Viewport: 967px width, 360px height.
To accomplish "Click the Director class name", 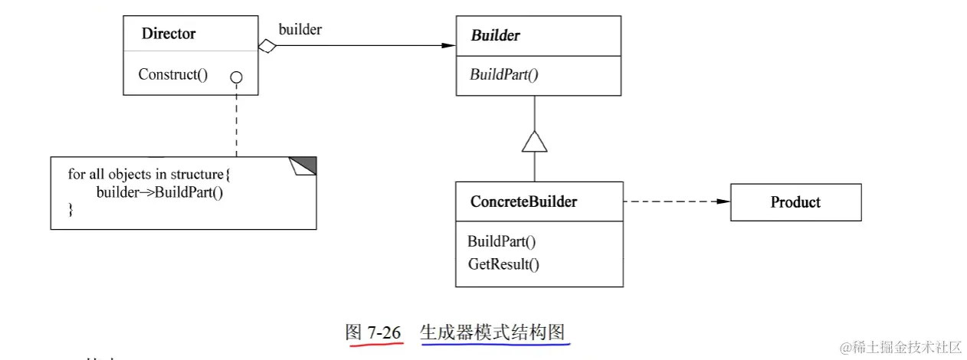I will [x=169, y=34].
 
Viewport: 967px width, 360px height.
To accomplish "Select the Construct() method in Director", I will [x=172, y=74].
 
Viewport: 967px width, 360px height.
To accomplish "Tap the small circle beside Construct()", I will [x=236, y=77].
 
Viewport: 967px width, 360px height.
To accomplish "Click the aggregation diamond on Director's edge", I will [x=267, y=46].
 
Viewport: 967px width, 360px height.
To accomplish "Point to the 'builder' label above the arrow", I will [x=300, y=30].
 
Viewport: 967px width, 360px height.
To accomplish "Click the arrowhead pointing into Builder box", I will [x=448, y=46].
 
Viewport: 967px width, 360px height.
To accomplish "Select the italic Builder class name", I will [x=495, y=35].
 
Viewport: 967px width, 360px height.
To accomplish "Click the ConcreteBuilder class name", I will [x=523, y=202].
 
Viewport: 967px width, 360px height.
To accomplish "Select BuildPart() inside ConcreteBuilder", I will [x=501, y=241].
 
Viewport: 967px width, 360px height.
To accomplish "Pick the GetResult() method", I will [x=503, y=265].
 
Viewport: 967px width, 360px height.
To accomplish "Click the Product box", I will [x=795, y=202].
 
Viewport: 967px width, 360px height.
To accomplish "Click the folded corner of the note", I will [x=303, y=165].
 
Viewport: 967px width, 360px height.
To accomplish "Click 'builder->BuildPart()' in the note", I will [x=159, y=191].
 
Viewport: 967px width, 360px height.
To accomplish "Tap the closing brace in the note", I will [x=71, y=208].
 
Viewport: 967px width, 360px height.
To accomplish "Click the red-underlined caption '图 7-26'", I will [x=373, y=333].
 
